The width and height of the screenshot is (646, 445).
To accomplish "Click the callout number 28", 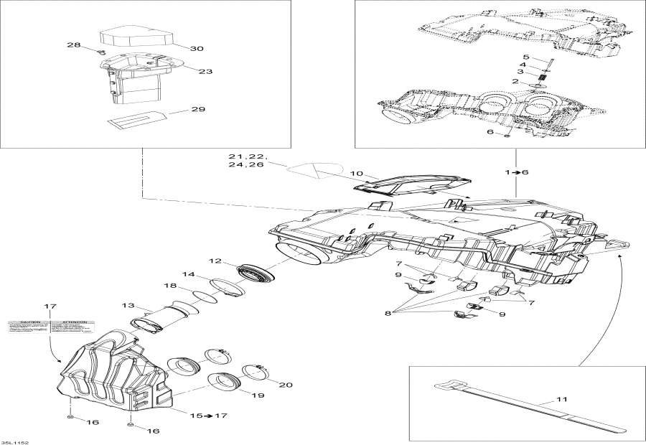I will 74,45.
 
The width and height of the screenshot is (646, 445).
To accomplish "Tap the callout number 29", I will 198,110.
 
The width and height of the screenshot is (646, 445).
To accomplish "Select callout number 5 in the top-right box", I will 525,57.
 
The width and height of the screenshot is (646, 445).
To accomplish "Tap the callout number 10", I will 337,174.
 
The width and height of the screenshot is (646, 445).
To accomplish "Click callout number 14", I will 188,274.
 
